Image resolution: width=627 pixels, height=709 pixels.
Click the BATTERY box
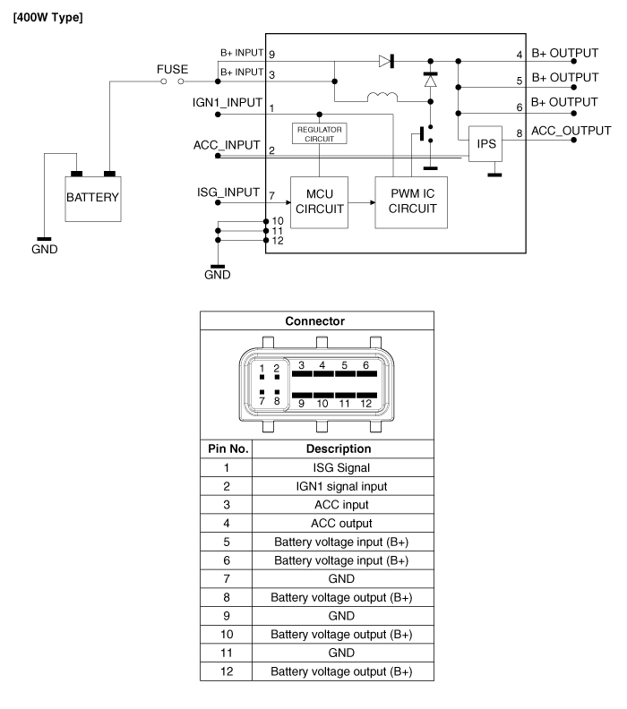coord(92,196)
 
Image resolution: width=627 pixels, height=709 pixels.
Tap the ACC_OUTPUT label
coord(564,132)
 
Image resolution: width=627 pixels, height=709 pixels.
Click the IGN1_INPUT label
coord(229,103)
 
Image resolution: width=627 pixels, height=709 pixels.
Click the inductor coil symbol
coord(382,98)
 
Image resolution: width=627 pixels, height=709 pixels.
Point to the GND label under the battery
coord(42,250)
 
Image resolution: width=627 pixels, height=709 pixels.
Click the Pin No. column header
coord(227,448)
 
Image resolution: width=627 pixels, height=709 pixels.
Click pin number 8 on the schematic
coord(520,136)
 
